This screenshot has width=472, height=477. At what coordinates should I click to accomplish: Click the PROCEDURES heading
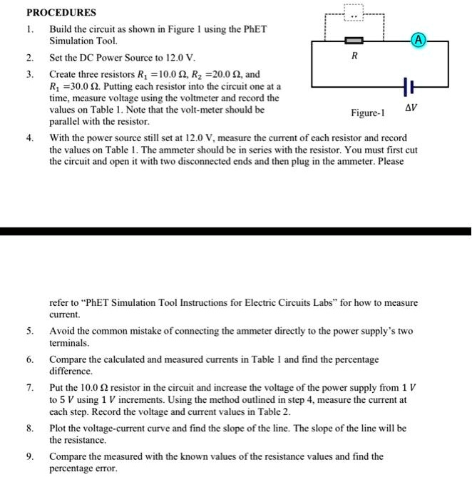tap(61, 13)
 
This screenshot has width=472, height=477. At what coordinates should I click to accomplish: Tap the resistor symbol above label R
tap(354, 42)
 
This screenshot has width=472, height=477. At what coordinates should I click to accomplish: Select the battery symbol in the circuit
tap(407, 87)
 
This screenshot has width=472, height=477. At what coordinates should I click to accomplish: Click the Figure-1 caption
tap(367, 113)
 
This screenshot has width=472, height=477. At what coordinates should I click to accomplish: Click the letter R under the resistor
tap(354, 55)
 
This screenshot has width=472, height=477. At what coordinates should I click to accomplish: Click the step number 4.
tap(29, 138)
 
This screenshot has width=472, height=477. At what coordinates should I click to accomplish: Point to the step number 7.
tap(29, 388)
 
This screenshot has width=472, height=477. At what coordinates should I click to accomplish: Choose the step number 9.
tap(29, 456)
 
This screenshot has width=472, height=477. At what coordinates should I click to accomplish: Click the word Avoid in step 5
tap(62, 332)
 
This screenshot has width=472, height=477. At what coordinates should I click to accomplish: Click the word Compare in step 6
tap(70, 359)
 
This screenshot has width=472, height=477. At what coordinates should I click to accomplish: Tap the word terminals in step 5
tap(70, 343)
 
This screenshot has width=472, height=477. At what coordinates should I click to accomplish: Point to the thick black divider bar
tap(235, 231)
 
